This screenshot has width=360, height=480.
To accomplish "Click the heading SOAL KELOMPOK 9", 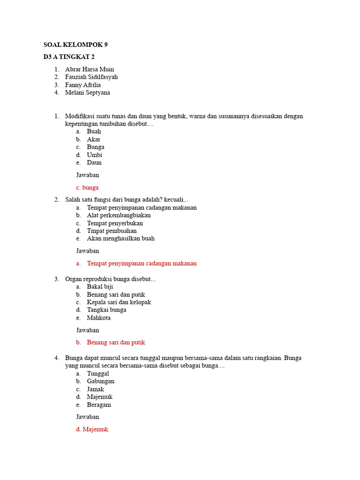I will pos(75,45).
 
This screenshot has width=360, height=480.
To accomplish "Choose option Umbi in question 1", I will pos(94,155).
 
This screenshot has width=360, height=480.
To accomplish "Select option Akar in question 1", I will pos(93,139).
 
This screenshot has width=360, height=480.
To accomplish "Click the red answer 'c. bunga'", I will pos(87,187).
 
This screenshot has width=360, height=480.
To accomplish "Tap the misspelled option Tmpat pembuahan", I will pos(112,231).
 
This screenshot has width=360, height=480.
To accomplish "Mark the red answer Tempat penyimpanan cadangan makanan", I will pos(142,263).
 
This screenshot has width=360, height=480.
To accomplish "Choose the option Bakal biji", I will pos(100,286).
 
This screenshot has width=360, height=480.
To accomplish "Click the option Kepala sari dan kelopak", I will pos(119,302).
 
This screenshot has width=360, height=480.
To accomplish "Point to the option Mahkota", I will pos(98,318).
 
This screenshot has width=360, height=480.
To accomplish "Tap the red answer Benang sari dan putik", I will pos(119,343).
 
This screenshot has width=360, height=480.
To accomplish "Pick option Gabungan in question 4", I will pos(100,381).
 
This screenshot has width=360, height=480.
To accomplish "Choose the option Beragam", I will pos(99,405).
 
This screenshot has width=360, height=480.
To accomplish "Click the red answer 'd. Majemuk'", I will pos(92,429).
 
